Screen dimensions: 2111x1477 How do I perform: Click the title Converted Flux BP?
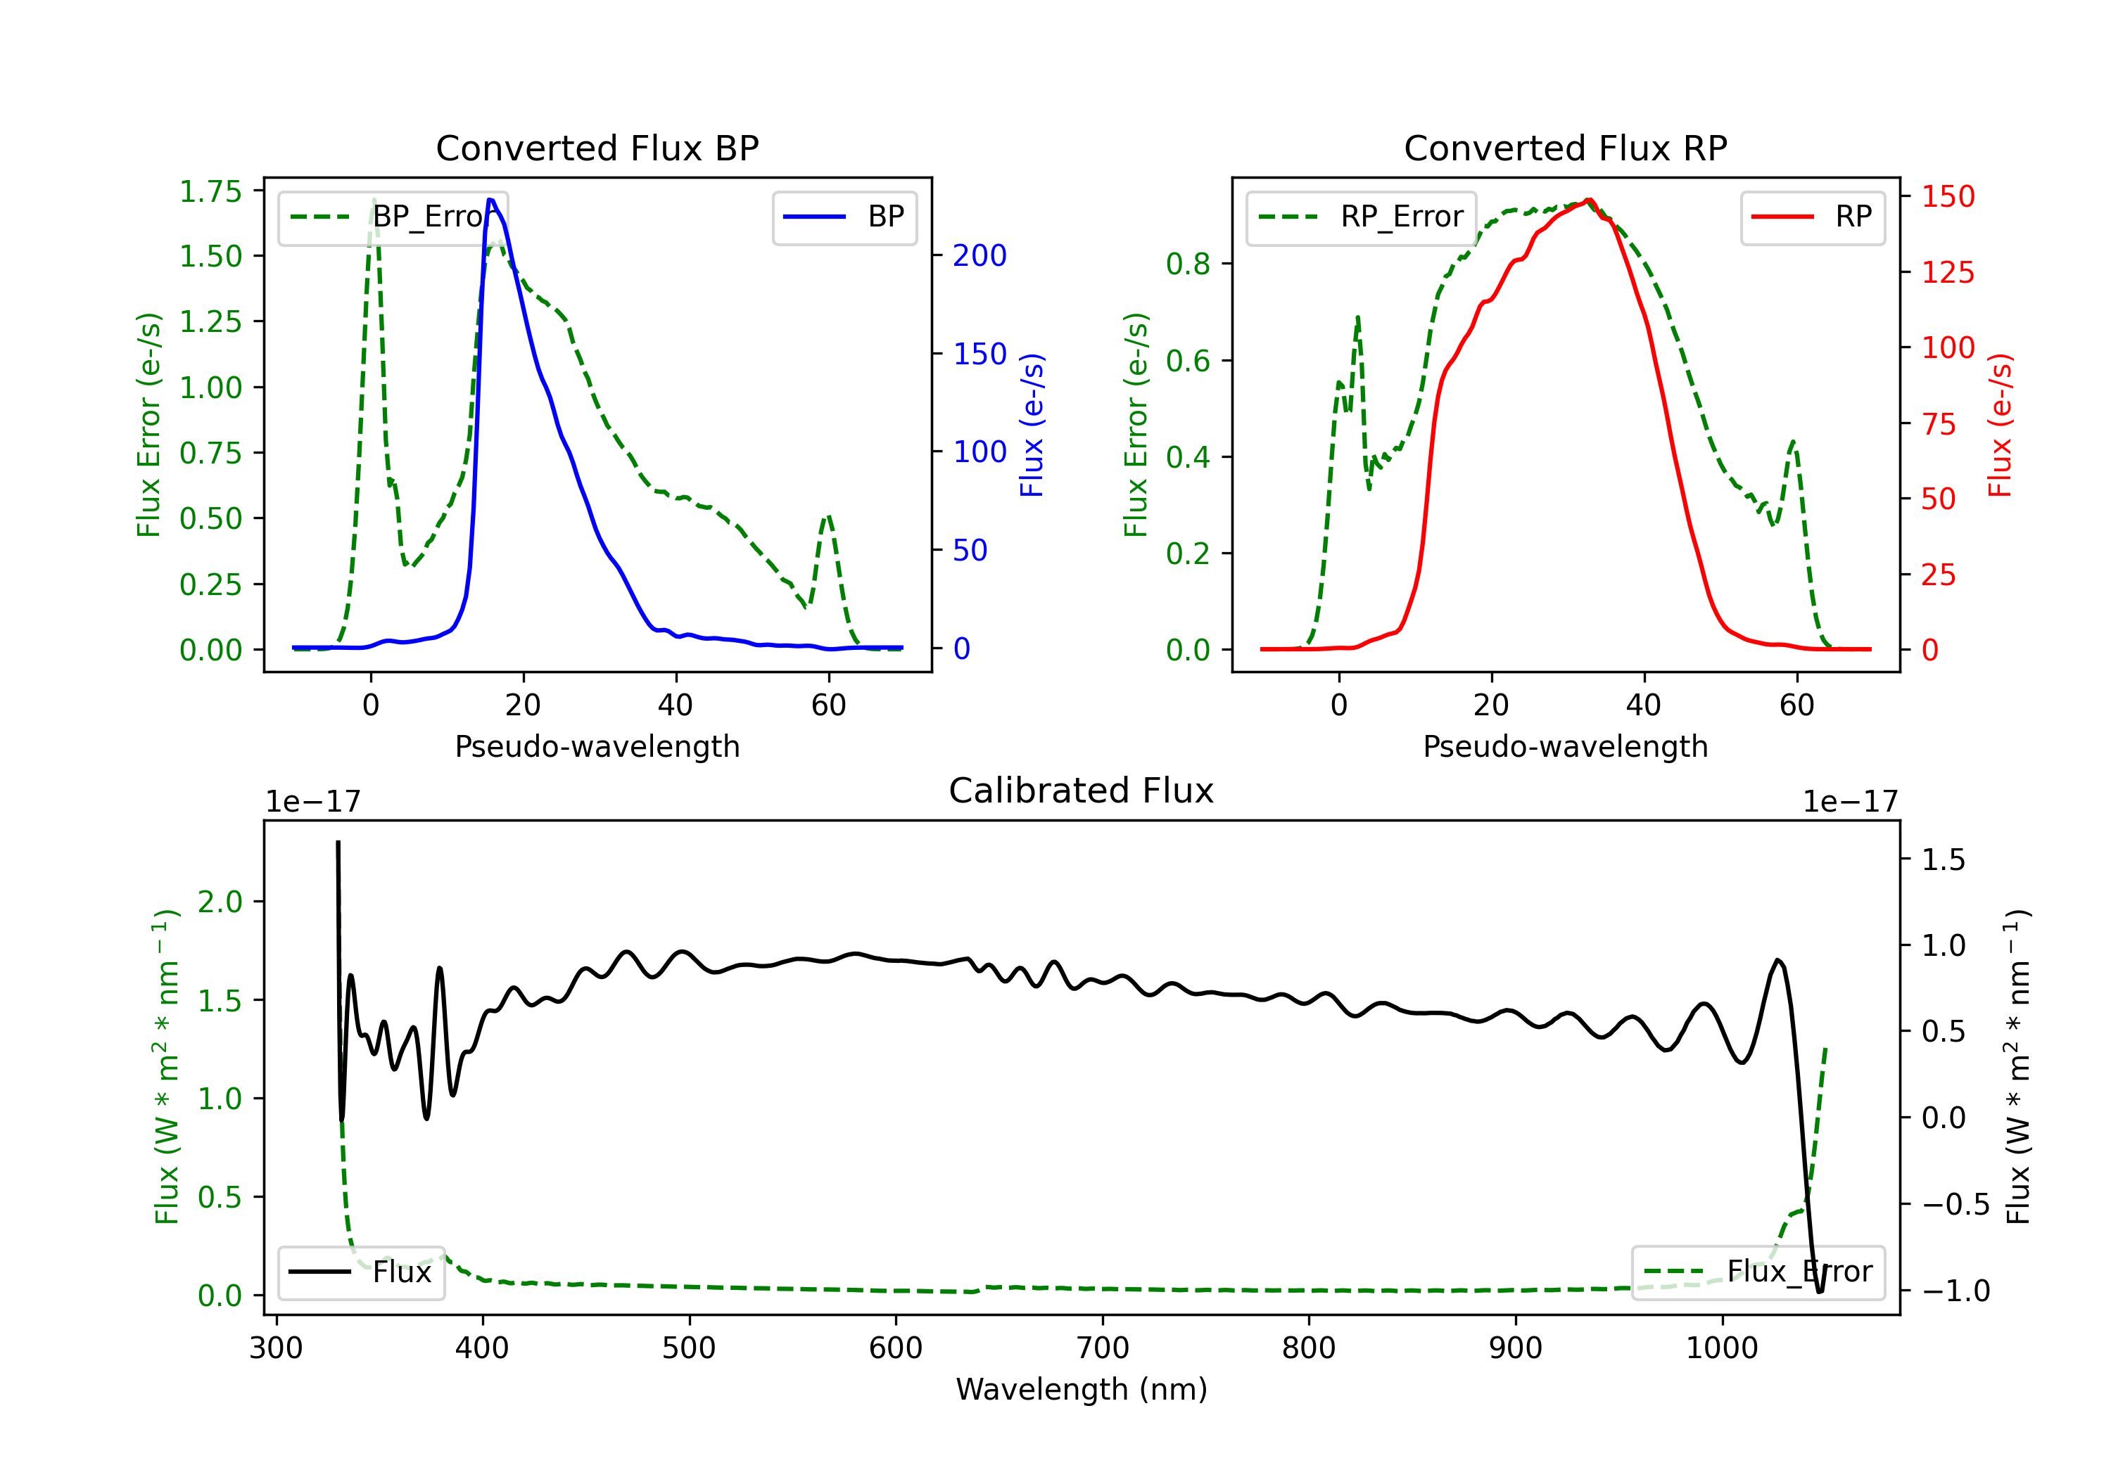597,148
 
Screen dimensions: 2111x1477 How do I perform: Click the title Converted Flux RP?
1566,148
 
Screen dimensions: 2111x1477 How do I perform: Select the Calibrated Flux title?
1082,791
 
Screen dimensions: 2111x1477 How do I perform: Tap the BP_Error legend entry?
393,217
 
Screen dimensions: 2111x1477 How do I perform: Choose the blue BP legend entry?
844,217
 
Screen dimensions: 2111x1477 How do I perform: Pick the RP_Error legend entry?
1361,217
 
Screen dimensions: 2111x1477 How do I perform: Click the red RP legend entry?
1812,217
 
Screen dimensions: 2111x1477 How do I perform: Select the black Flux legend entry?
360,1272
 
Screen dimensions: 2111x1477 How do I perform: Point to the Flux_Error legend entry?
1758,1272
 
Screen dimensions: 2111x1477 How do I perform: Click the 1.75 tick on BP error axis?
210,191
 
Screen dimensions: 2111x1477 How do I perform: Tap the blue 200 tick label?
980,255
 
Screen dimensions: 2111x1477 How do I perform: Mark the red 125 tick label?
1948,272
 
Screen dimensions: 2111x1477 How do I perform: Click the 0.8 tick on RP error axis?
1188,264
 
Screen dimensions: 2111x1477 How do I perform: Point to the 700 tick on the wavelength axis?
1103,1348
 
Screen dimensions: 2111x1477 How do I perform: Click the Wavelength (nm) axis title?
1082,1389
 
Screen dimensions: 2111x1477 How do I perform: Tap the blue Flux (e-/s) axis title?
1032,425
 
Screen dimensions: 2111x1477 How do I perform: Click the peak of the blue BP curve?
490,200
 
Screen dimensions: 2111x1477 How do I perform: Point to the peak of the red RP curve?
1588,200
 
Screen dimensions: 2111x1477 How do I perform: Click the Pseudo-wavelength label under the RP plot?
1566,746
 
